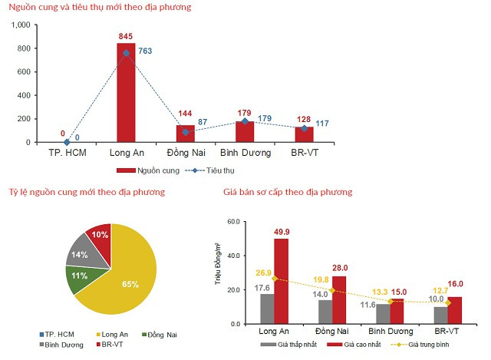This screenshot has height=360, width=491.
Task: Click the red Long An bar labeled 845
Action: click(x=126, y=93)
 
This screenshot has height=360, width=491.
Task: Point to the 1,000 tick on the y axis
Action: click(x=19, y=25)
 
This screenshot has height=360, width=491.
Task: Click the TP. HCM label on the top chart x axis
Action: click(x=67, y=153)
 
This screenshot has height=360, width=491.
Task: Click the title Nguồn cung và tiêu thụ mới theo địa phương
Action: click(x=100, y=7)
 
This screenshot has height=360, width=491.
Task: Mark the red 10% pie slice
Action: click(x=99, y=235)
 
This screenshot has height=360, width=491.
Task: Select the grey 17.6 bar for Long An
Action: click(x=266, y=308)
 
